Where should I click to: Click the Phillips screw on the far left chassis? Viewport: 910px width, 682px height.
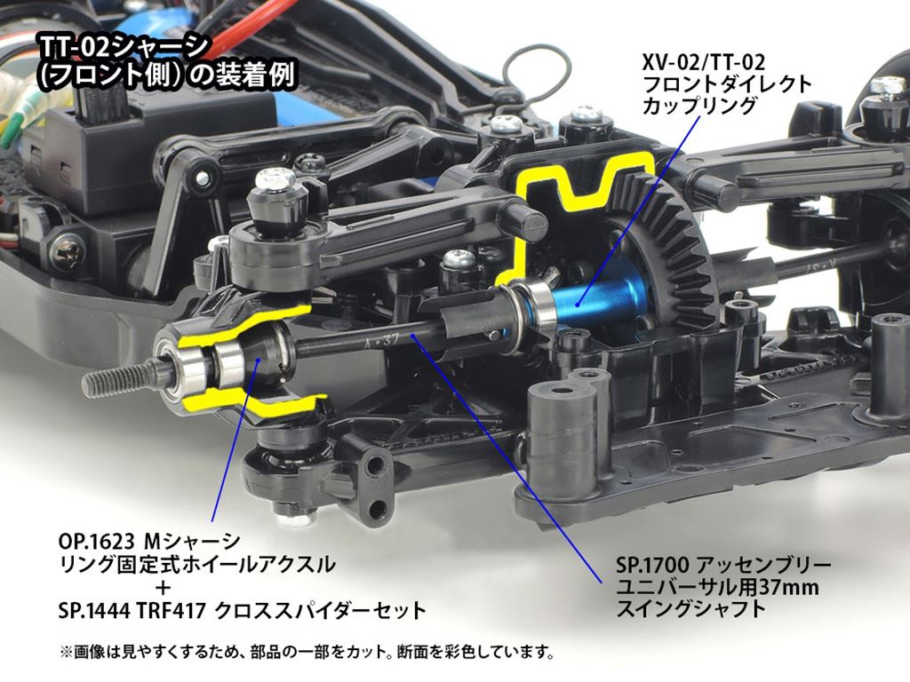point(66,253)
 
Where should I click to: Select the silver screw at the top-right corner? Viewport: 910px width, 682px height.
point(888,86)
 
